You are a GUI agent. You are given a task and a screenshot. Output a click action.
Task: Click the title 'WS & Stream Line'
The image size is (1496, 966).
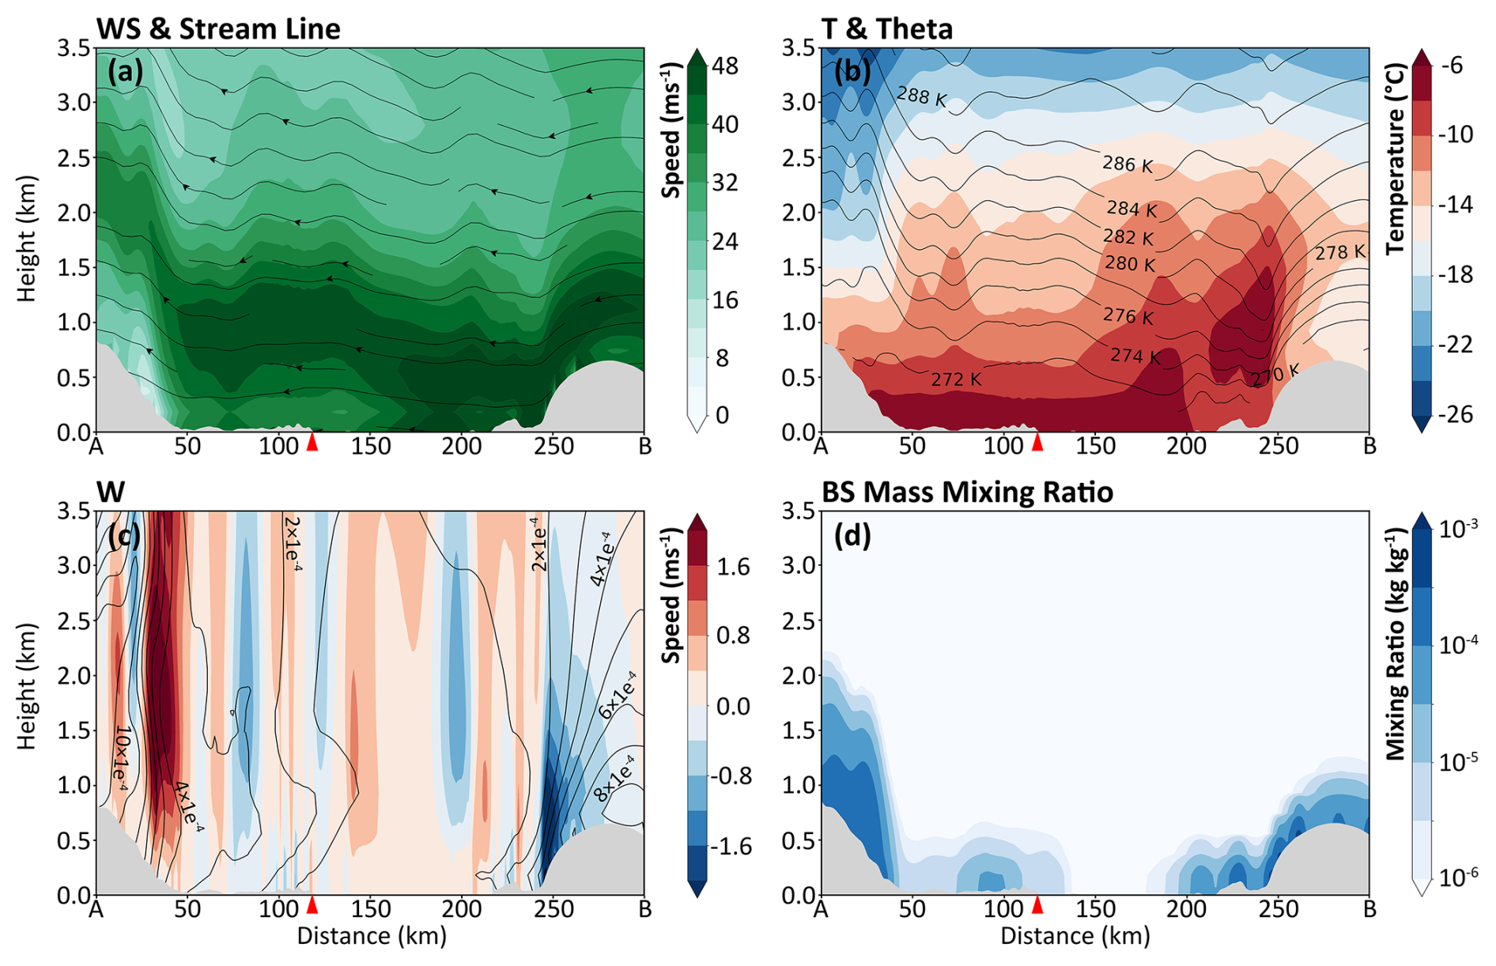218,29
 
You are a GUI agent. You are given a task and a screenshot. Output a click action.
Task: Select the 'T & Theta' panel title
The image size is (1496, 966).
887,29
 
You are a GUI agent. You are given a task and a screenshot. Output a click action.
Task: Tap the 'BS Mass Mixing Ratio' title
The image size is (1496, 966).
967,492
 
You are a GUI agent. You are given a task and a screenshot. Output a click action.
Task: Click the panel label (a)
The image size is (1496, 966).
126,73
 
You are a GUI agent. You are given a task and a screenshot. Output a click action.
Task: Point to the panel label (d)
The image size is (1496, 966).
852,536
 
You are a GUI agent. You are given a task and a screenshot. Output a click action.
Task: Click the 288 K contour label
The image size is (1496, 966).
922,97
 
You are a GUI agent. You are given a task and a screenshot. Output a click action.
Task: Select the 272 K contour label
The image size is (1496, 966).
956,380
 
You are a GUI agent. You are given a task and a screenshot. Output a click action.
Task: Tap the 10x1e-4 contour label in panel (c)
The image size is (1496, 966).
121,760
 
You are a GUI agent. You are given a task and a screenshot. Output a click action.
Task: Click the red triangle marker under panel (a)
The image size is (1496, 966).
312,442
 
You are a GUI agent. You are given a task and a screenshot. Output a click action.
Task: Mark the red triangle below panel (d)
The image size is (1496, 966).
1038,905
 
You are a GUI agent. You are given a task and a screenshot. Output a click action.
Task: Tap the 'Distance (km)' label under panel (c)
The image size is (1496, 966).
372,937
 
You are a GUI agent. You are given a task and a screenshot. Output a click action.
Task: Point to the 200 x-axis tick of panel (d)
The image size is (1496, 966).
1187,910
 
